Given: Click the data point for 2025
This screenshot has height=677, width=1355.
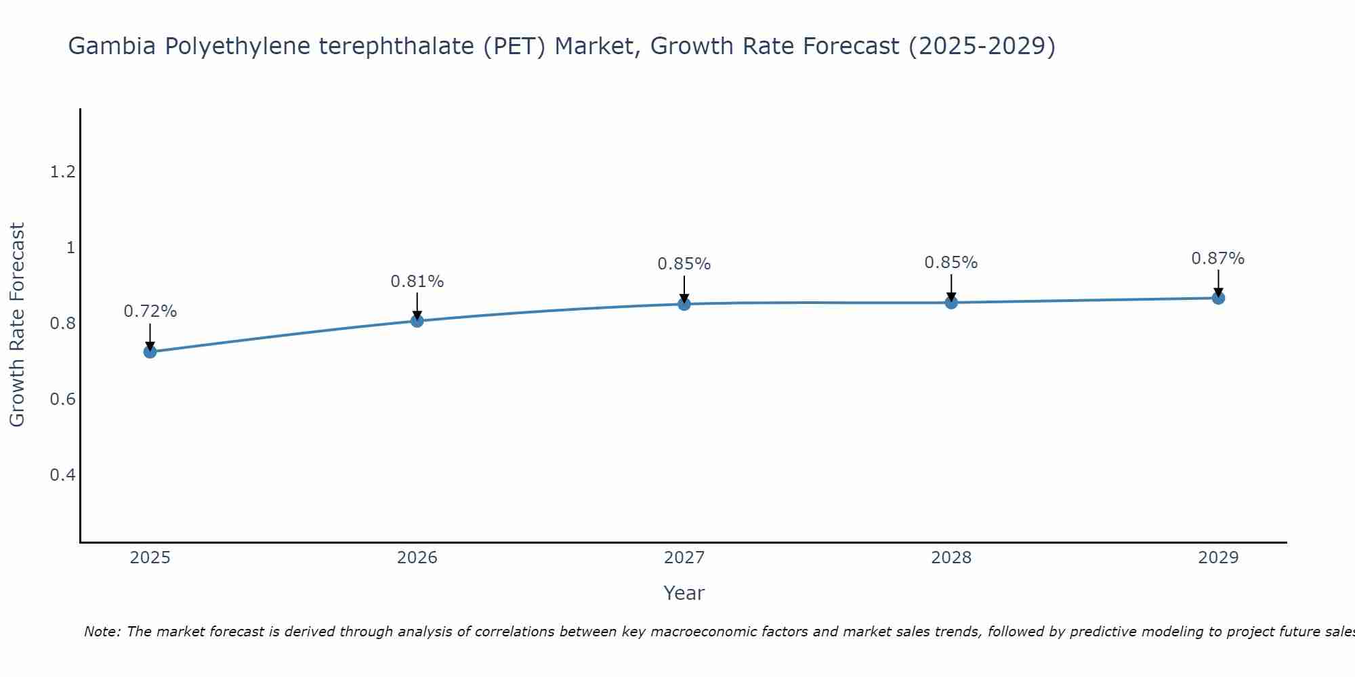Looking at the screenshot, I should tap(150, 352).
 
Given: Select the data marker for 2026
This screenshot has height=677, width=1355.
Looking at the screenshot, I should tap(417, 321).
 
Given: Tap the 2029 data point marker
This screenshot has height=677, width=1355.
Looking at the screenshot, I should tap(1218, 298).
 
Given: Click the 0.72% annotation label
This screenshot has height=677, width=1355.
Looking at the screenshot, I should tap(150, 311).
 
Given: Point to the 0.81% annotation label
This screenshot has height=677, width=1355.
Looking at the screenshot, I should tap(417, 281).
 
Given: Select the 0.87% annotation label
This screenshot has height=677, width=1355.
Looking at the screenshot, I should tap(1218, 259).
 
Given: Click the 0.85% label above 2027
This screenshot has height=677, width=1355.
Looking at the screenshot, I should tap(684, 264).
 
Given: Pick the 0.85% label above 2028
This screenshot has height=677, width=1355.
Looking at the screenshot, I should tap(951, 263).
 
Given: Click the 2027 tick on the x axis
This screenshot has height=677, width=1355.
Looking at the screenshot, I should tap(684, 558).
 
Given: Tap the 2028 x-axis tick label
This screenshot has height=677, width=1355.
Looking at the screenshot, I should tap(951, 558).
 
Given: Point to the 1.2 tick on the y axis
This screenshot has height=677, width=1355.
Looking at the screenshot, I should tap(62, 172).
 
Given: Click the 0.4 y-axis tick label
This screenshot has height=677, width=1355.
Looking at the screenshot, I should tap(62, 475).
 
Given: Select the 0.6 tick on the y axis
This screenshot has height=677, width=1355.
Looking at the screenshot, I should tap(62, 399).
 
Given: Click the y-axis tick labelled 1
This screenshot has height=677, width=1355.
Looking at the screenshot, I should tap(70, 248).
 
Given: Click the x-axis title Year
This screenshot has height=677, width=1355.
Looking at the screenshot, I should tap(684, 593).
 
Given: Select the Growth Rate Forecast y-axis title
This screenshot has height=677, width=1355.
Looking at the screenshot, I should tap(17, 325).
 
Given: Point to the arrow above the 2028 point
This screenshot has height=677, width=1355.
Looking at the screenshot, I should tap(951, 288).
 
